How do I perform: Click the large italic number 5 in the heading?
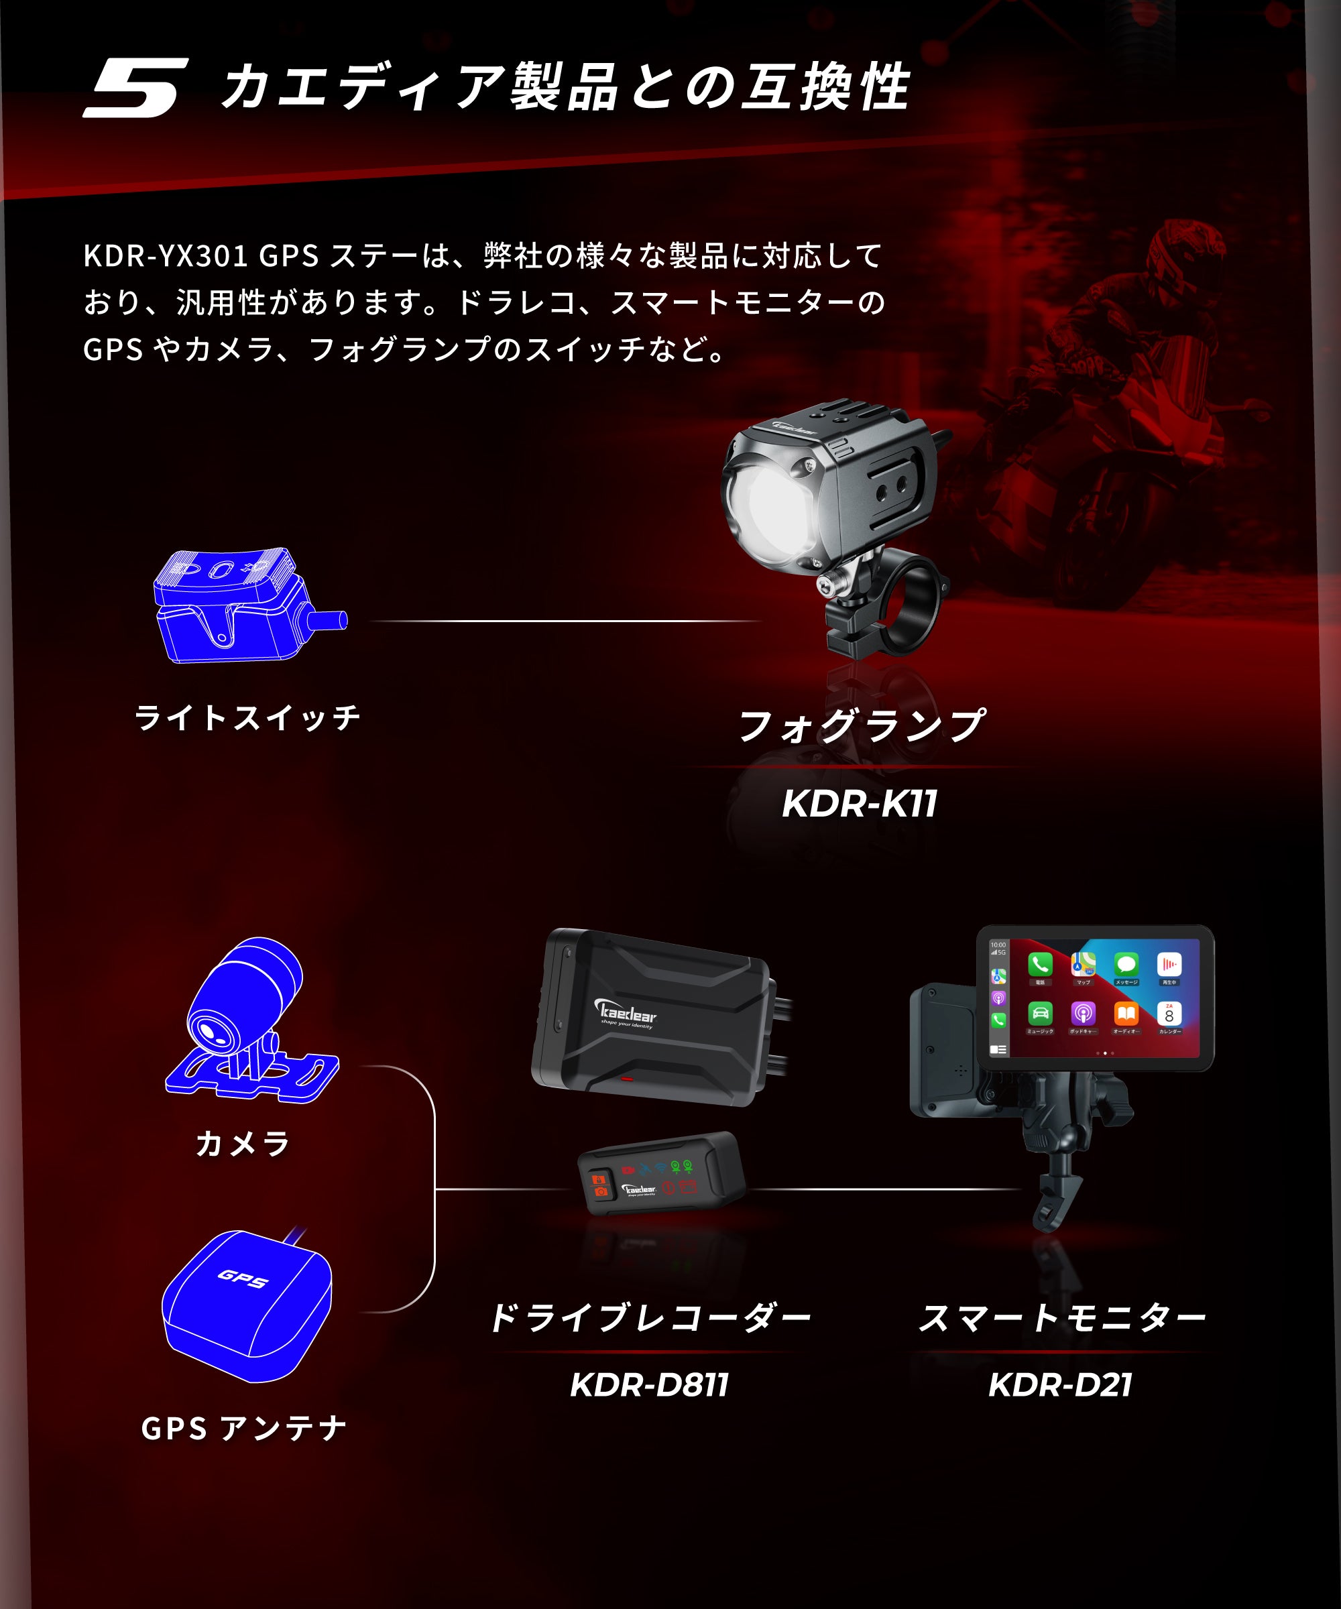click(136, 87)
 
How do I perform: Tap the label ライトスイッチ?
click(247, 718)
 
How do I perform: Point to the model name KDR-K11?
click(859, 804)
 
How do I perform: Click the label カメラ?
click(243, 1144)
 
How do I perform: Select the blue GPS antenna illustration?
click(247, 1307)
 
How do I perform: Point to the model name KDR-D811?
click(649, 1384)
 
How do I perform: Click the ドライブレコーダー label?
click(650, 1318)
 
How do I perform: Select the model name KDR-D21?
click(1060, 1384)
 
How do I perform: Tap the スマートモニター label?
click(1061, 1318)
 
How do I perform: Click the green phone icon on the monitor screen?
click(1040, 965)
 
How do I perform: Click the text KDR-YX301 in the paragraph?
click(165, 256)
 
